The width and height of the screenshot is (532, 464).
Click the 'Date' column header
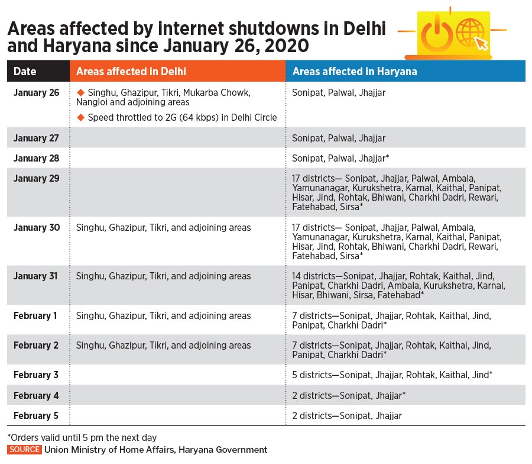pyautogui.click(x=25, y=72)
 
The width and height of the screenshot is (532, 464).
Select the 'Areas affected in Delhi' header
pyautogui.click(x=131, y=72)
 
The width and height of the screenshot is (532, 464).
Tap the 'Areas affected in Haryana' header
pyautogui.click(x=355, y=72)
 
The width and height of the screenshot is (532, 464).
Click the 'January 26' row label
pyautogui.click(x=37, y=93)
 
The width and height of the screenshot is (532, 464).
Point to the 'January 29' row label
pyautogui.click(x=37, y=178)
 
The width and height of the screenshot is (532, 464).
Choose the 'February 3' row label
pyautogui.click(x=36, y=375)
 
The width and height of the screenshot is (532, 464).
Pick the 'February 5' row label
pyautogui.click(x=36, y=415)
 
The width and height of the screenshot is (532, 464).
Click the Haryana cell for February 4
pyautogui.click(x=349, y=395)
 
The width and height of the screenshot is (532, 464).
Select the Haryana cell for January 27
pyautogui.click(x=339, y=138)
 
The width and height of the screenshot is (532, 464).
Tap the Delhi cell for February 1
pyautogui.click(x=163, y=315)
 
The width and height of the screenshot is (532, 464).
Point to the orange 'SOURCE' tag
pyautogui.click(x=24, y=450)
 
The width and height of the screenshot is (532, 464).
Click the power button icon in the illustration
pyautogui.click(x=436, y=34)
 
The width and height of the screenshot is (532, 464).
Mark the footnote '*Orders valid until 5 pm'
pyautogui.click(x=82, y=438)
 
